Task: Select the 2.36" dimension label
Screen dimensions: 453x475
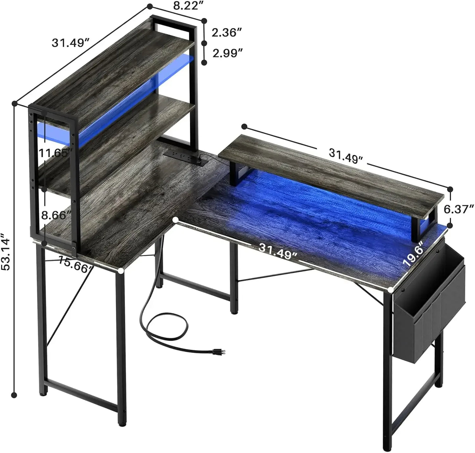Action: coord(227,33)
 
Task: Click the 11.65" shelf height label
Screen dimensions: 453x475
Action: coord(55,153)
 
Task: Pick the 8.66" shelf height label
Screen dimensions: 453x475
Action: coord(56,215)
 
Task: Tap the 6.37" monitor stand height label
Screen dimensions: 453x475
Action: coord(459,209)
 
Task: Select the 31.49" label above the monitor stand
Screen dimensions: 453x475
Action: coord(345,155)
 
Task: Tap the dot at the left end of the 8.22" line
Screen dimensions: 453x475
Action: coord(150,6)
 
